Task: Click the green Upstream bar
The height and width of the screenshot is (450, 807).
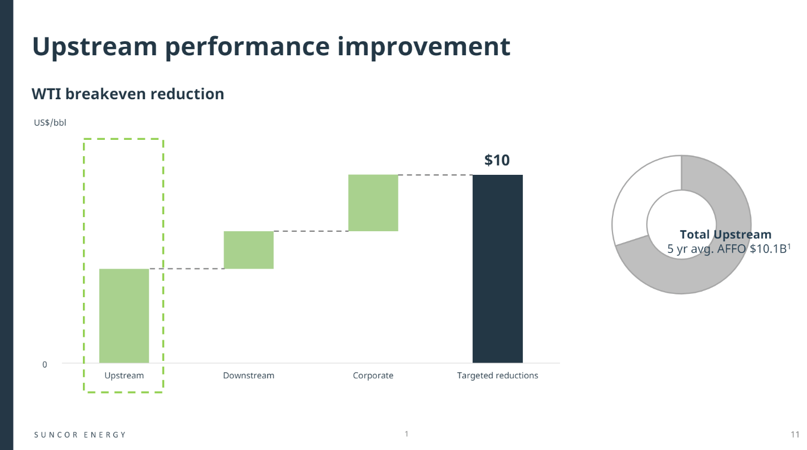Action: (124, 316)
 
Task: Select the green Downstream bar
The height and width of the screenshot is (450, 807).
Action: (249, 250)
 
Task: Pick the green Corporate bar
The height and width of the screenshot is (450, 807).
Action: (373, 203)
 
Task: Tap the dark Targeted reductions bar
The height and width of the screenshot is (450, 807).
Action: (497, 269)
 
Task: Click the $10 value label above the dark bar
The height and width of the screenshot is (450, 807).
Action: (497, 160)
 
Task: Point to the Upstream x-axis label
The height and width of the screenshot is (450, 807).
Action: (124, 376)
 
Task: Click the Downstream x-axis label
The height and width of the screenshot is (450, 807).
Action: (249, 376)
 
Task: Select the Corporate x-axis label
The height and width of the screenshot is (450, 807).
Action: (373, 376)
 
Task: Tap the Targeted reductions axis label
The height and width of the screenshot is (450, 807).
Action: (497, 376)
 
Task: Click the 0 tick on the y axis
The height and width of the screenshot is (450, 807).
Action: (45, 365)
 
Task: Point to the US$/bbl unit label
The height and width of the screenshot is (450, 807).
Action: (50, 123)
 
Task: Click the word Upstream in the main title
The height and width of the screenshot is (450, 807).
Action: (95, 47)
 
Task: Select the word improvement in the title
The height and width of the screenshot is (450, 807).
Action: (424, 47)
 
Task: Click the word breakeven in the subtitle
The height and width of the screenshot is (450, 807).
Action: (105, 94)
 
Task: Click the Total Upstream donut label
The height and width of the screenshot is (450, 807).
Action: (726, 235)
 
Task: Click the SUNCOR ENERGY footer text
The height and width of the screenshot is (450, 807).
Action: (80, 435)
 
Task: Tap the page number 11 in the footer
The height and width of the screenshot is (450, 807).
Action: (795, 435)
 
